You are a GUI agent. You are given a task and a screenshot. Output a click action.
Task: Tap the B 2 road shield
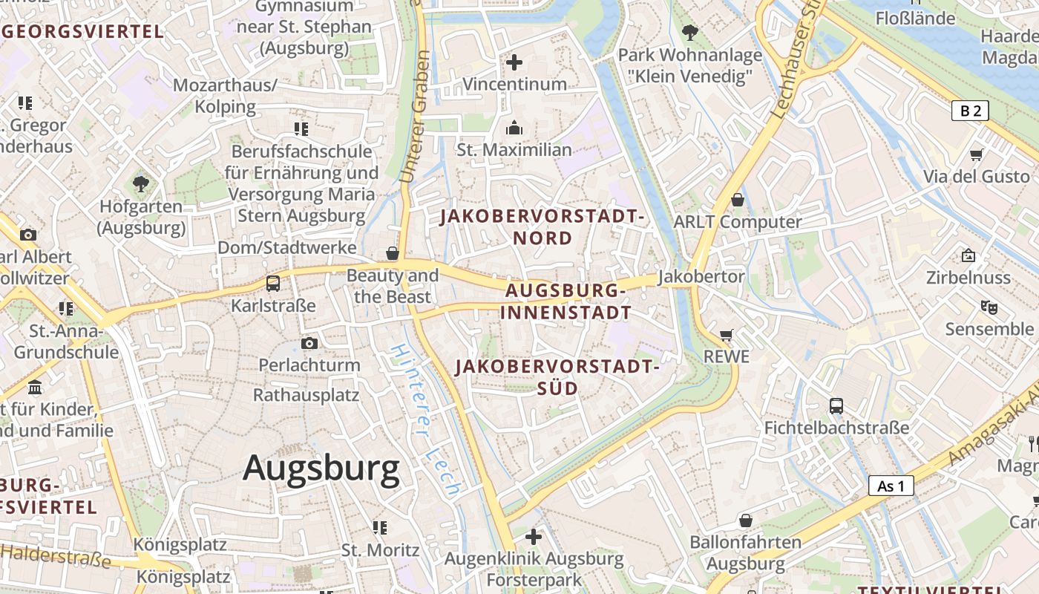[x=970, y=111]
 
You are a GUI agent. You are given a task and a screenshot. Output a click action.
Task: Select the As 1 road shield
[x=891, y=486]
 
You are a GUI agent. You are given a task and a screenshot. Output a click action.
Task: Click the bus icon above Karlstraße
[x=273, y=283]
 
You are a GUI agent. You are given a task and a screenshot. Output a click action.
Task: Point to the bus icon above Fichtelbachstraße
[x=836, y=405]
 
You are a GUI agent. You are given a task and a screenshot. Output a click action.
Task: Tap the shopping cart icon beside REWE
[x=726, y=335]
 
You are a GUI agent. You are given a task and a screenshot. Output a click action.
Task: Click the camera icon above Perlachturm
[x=309, y=343]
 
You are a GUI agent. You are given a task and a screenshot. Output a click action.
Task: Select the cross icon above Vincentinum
[x=514, y=62]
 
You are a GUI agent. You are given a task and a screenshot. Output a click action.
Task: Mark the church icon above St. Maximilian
[x=514, y=128]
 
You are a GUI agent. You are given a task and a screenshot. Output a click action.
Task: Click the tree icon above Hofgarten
[x=140, y=183]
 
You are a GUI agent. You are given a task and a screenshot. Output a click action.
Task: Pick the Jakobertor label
[x=701, y=276]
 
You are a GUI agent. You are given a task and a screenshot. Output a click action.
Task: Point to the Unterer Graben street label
[x=414, y=117]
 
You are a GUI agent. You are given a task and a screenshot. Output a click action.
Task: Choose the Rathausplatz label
[x=307, y=394]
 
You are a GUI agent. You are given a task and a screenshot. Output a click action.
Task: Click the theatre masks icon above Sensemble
[x=989, y=306]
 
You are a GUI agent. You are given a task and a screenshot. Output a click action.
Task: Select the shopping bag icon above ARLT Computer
[x=738, y=199]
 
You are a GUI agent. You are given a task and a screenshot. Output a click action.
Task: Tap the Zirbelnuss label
[x=968, y=278]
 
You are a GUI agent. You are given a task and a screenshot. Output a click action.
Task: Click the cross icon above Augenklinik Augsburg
[x=533, y=536]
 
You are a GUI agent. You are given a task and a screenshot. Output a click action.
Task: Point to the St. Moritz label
[x=380, y=550]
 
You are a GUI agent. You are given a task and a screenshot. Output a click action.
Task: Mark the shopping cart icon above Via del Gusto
[x=977, y=154]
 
